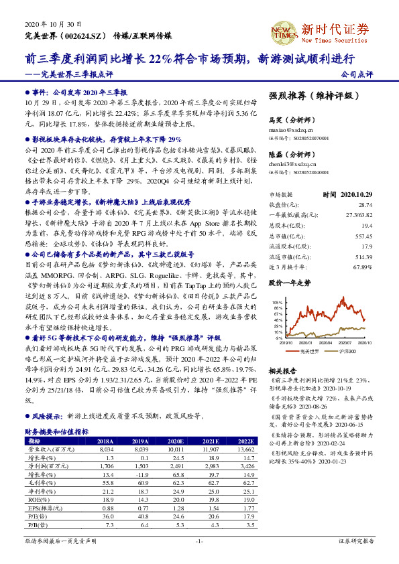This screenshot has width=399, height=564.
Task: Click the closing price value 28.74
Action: click(363, 204)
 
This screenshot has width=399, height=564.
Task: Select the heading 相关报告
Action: click(282, 370)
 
